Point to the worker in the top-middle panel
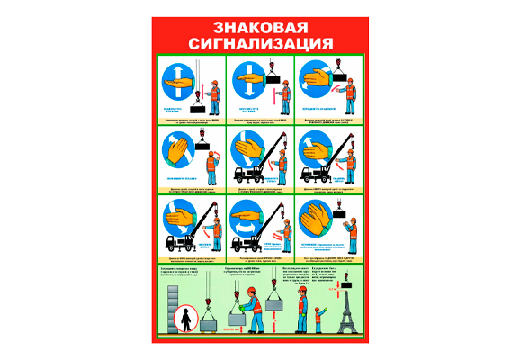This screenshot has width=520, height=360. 281,91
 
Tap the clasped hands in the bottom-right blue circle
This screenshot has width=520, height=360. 316,217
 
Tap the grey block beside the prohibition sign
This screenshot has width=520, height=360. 207,323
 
